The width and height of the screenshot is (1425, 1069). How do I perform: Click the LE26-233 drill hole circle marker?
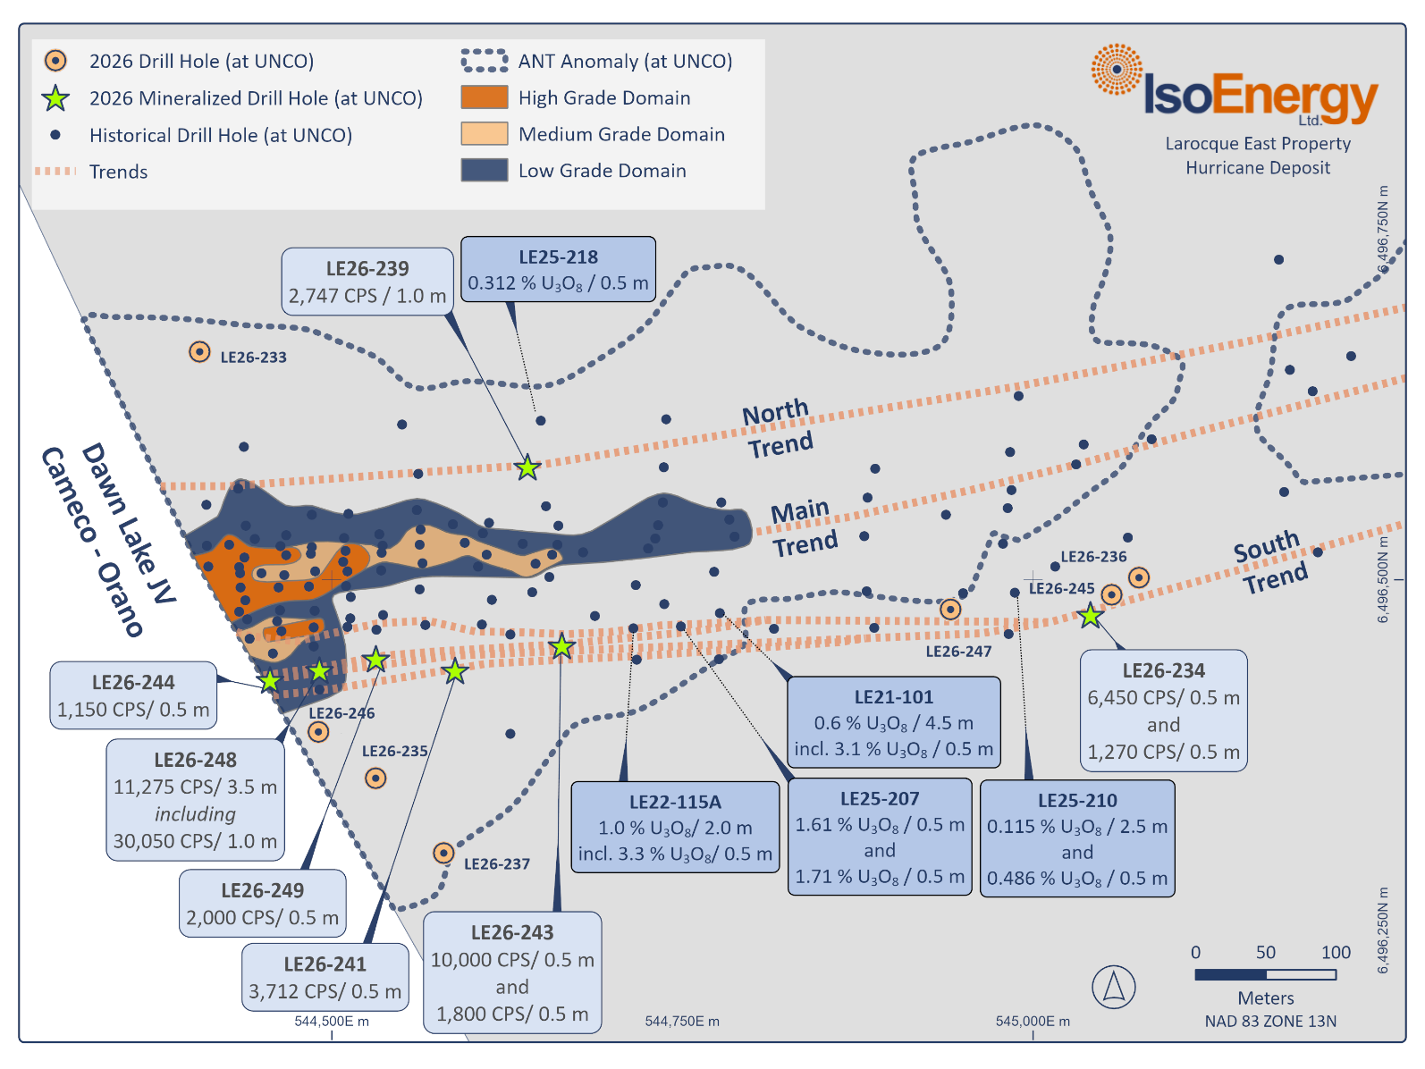(199, 352)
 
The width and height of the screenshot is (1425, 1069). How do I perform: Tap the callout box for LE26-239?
(367, 282)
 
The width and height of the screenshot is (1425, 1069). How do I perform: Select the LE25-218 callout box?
(558, 269)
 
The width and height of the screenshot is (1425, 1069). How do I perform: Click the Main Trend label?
(804, 527)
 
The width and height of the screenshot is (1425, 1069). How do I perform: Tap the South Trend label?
(1269, 562)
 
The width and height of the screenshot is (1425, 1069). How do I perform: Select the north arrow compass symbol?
(1113, 987)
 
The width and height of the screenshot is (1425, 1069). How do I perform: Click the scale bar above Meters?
(1265, 974)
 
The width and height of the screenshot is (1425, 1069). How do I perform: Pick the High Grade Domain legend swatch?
(484, 97)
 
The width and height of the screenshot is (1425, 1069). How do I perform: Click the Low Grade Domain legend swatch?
(484, 170)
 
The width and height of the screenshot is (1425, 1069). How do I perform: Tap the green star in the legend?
(56, 98)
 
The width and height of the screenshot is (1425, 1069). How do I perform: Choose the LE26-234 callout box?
(1163, 711)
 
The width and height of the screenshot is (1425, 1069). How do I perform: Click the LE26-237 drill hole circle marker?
(443, 853)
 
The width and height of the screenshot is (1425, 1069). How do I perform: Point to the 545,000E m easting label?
(1033, 1021)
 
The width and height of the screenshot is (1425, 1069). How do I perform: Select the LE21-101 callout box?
(893, 722)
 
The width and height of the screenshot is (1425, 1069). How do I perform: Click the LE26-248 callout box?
(195, 800)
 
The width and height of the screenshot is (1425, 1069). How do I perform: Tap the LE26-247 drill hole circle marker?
(950, 610)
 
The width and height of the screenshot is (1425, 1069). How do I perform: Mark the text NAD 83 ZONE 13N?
(1269, 1021)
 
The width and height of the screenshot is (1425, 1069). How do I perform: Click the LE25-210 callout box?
(1077, 838)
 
